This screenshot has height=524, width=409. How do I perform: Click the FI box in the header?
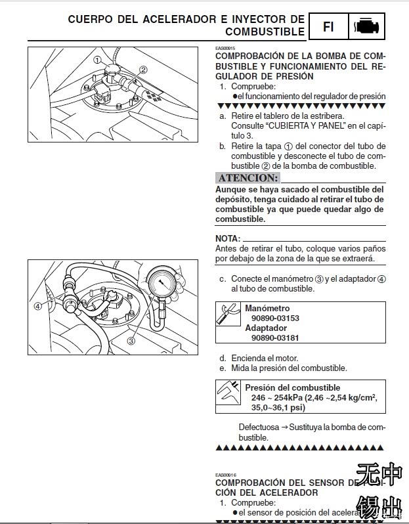pos(328,27)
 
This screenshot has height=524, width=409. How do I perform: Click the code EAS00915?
pos(225,48)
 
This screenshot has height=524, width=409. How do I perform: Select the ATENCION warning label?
pos(248,178)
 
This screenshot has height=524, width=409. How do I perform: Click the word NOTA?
pos(228,238)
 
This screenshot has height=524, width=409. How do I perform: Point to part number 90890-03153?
pos(275,318)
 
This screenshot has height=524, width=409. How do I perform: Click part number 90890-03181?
pos(275,338)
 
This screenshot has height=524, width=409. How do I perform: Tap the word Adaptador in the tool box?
pos(266,328)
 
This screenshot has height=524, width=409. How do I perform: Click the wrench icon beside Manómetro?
pos(229,314)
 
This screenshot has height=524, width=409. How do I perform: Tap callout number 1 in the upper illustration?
pos(97,60)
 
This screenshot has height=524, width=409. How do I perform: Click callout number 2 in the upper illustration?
pos(143,69)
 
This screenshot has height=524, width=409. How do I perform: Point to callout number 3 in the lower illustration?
pos(131,341)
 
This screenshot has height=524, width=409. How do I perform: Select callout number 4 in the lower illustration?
pos(38,305)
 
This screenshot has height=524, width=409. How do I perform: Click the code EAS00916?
pos(225,475)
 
